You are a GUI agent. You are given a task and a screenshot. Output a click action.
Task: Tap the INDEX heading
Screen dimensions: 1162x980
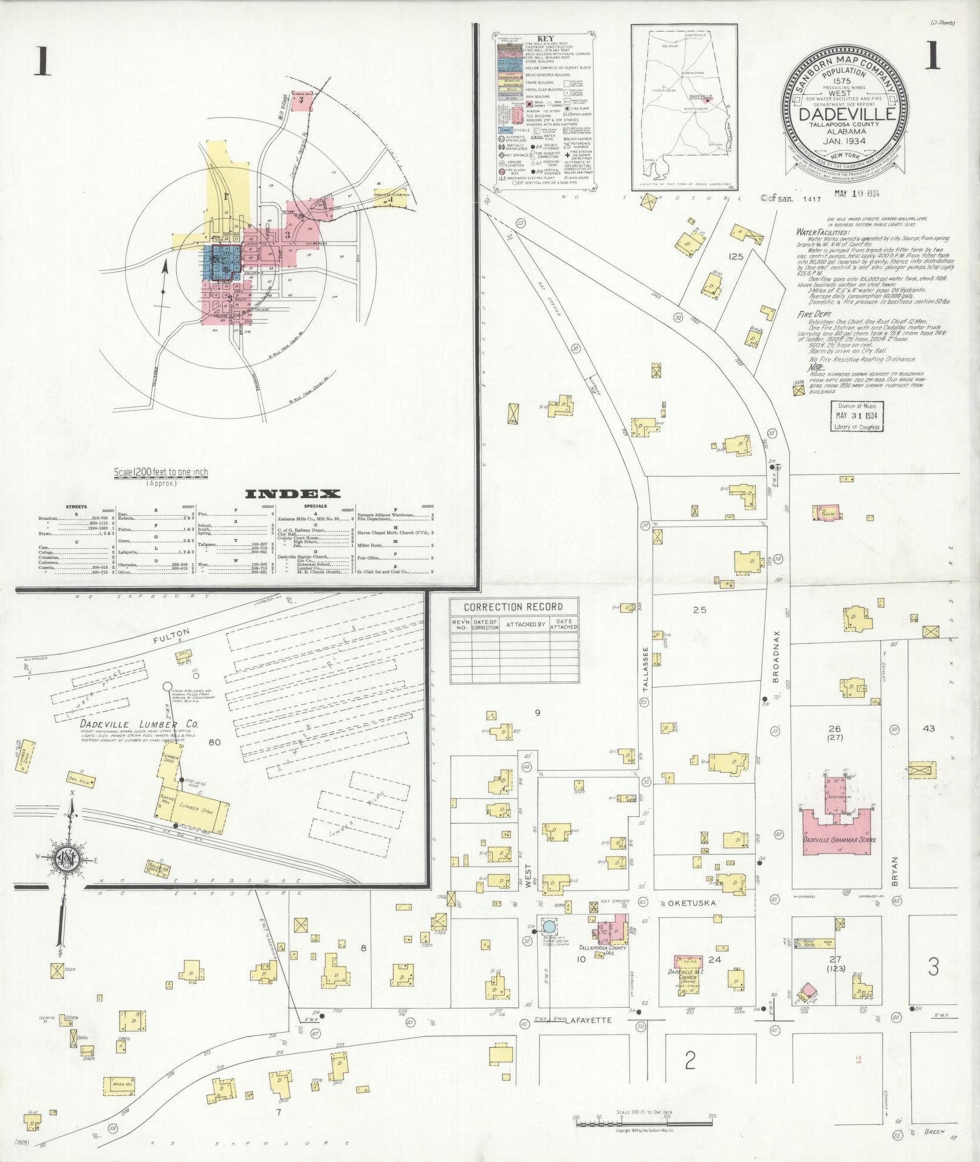tap(292, 493)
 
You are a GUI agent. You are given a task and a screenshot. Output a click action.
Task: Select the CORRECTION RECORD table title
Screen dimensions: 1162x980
tap(513, 607)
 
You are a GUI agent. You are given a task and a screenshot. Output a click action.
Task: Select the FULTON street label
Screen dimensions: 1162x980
tap(172, 636)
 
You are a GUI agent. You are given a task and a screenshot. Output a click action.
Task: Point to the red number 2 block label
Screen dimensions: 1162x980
tap(858, 1059)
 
